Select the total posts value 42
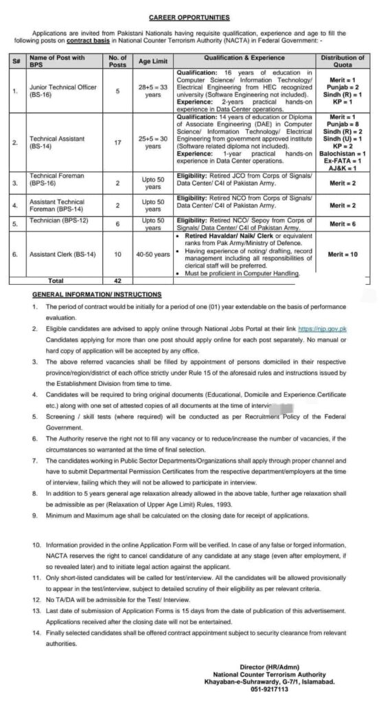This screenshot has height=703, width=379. click(117, 281)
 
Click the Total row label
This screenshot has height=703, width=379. click(55, 281)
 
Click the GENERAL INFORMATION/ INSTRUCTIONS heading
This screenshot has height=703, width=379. click(97, 294)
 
